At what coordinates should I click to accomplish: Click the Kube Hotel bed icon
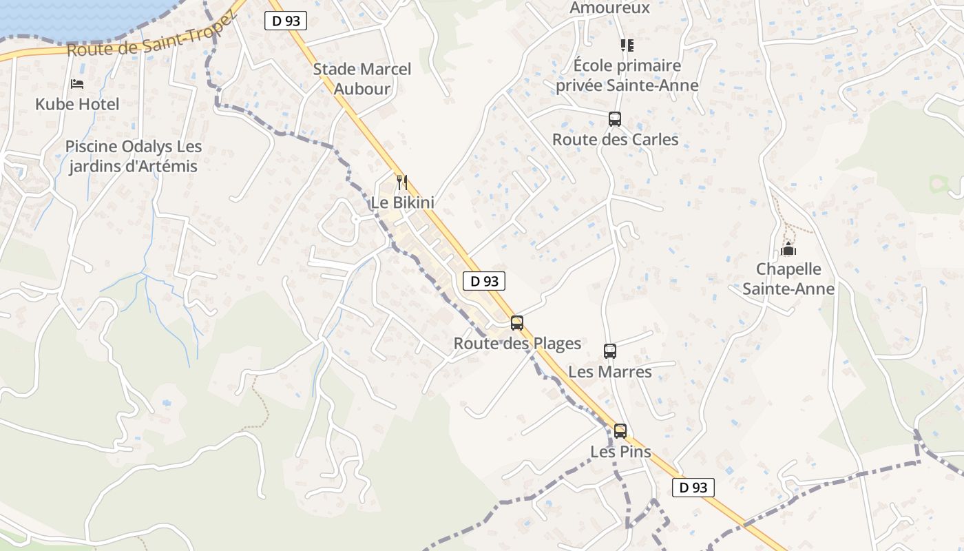click(x=77, y=84)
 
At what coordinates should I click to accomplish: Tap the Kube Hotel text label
click(x=77, y=104)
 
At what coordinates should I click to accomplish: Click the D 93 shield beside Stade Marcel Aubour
click(x=286, y=21)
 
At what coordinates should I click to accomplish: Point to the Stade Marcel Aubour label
click(x=362, y=79)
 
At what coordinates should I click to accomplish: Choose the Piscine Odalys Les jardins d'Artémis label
click(x=134, y=156)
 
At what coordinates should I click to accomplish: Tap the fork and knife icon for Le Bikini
click(x=402, y=183)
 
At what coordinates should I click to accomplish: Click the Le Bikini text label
click(x=402, y=202)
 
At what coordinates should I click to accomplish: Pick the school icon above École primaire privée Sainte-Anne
click(x=627, y=45)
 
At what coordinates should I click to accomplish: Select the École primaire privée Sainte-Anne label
click(x=627, y=76)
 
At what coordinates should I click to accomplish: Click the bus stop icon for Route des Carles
click(x=615, y=119)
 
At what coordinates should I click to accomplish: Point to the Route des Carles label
click(x=615, y=139)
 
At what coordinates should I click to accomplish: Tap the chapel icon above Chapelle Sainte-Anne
click(x=788, y=249)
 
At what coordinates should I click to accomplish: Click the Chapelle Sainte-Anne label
click(x=788, y=279)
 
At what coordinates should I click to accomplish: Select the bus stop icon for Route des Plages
click(x=517, y=323)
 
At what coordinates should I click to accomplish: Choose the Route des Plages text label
click(x=517, y=343)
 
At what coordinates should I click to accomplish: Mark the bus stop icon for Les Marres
click(x=610, y=351)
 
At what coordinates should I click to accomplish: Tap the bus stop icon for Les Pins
click(x=620, y=432)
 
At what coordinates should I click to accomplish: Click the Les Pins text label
click(x=620, y=452)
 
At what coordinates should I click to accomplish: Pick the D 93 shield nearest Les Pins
click(x=693, y=488)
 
